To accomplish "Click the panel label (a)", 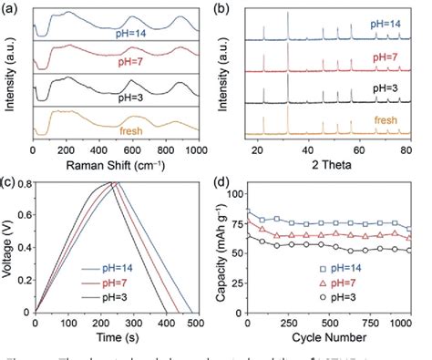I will click(11, 8).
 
